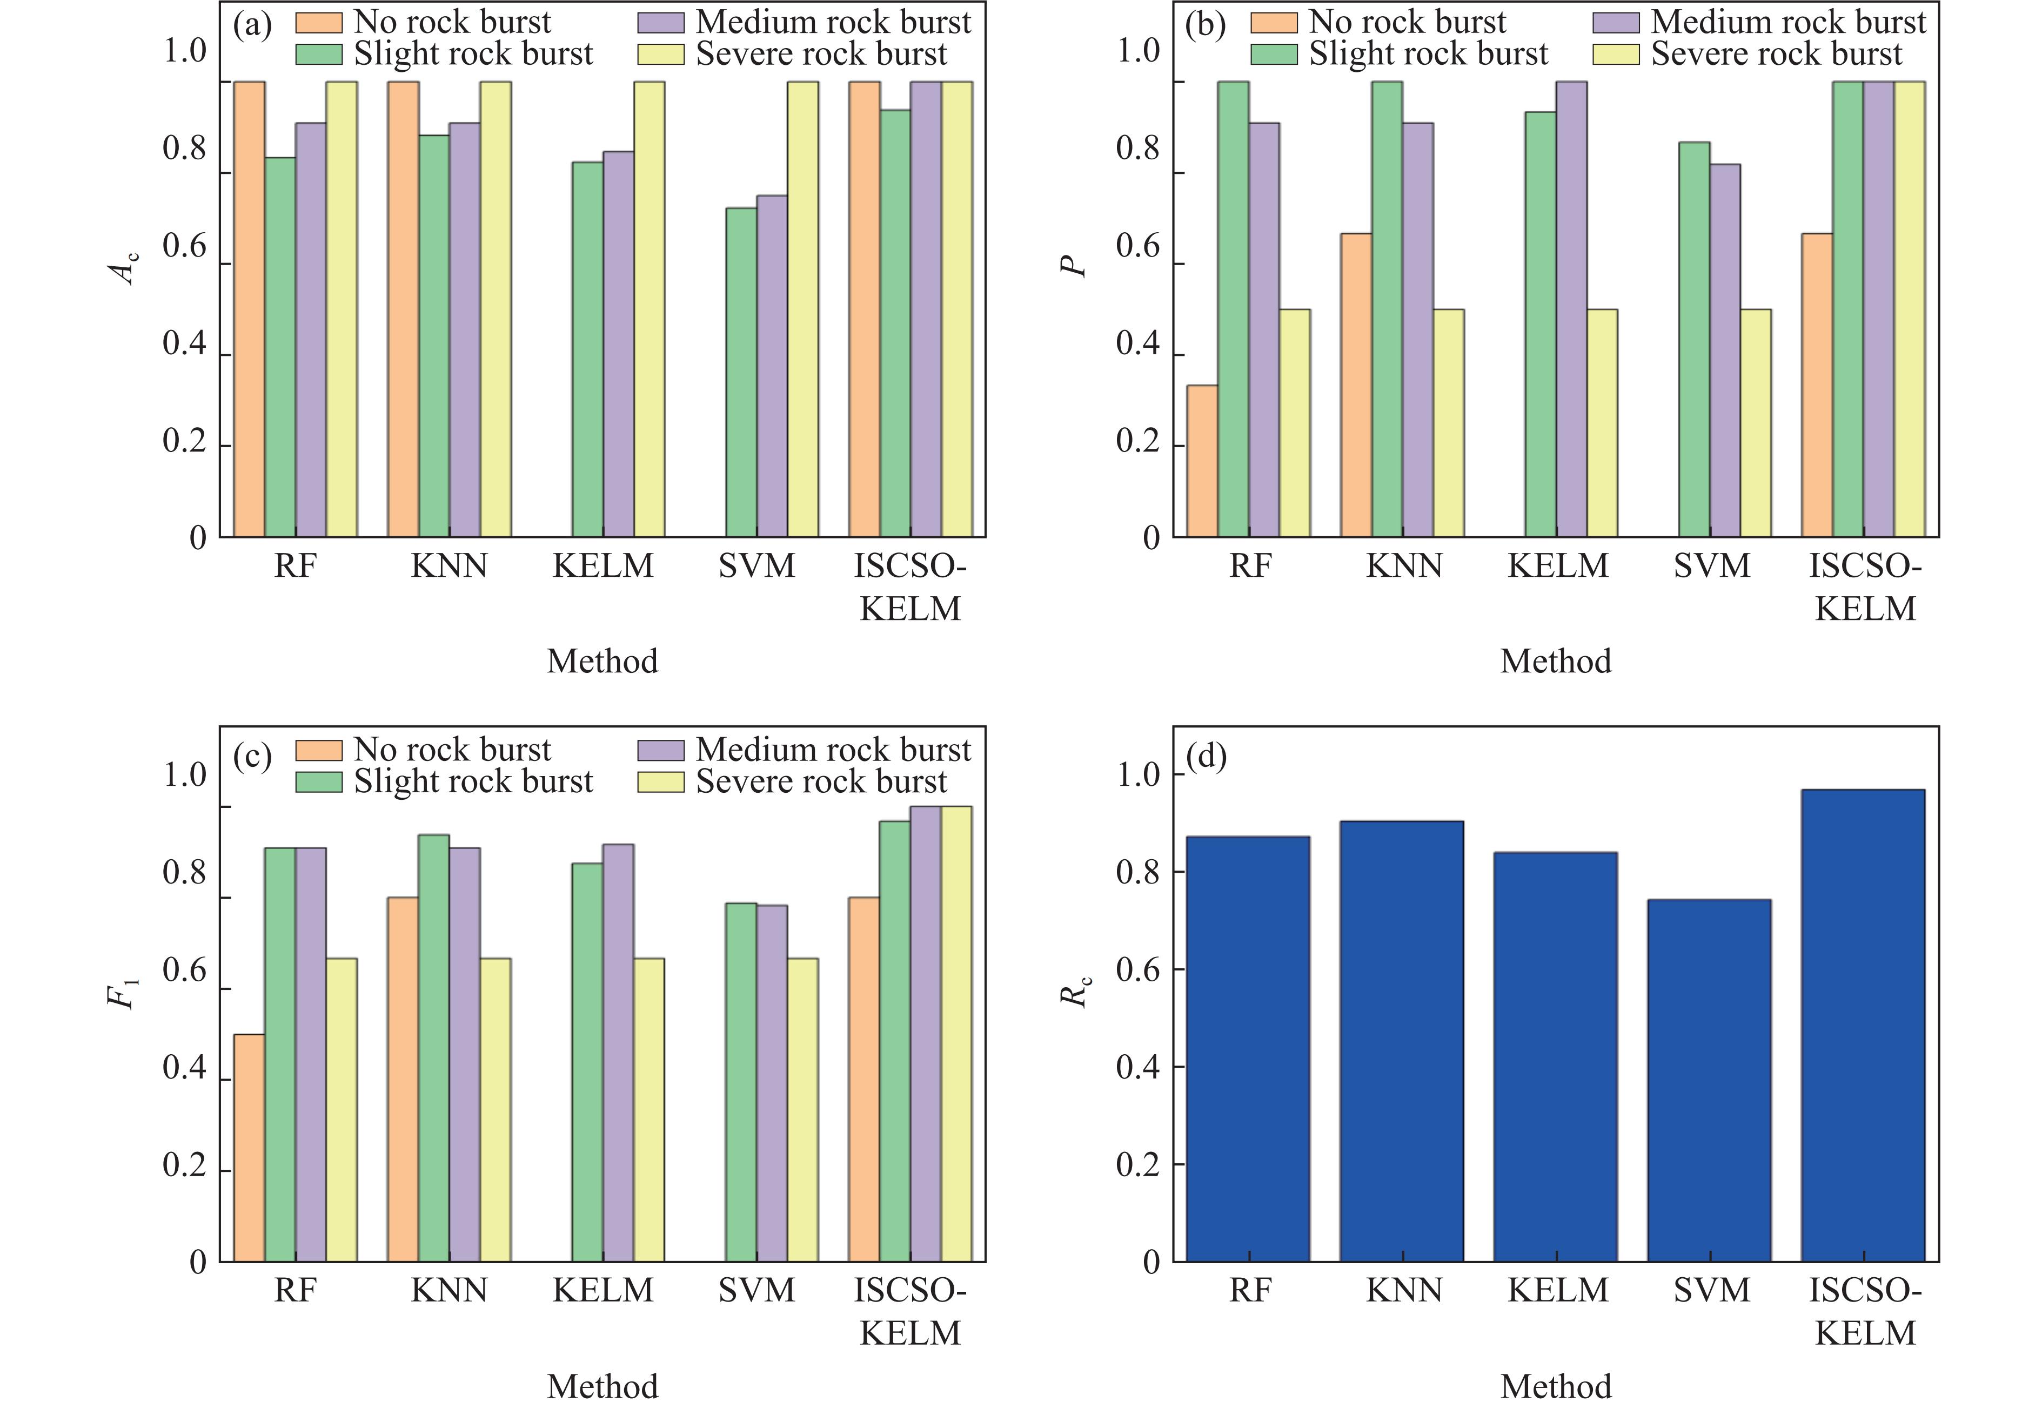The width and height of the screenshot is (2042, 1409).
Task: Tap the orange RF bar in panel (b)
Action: (1202, 461)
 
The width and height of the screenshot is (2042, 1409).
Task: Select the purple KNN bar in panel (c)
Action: (465, 1054)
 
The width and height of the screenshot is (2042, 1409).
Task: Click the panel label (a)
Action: (252, 25)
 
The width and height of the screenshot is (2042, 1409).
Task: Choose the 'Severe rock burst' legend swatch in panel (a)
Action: (661, 55)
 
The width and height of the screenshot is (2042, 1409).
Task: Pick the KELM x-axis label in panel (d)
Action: (1558, 1291)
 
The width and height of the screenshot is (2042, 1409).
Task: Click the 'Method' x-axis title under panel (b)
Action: (1555, 661)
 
